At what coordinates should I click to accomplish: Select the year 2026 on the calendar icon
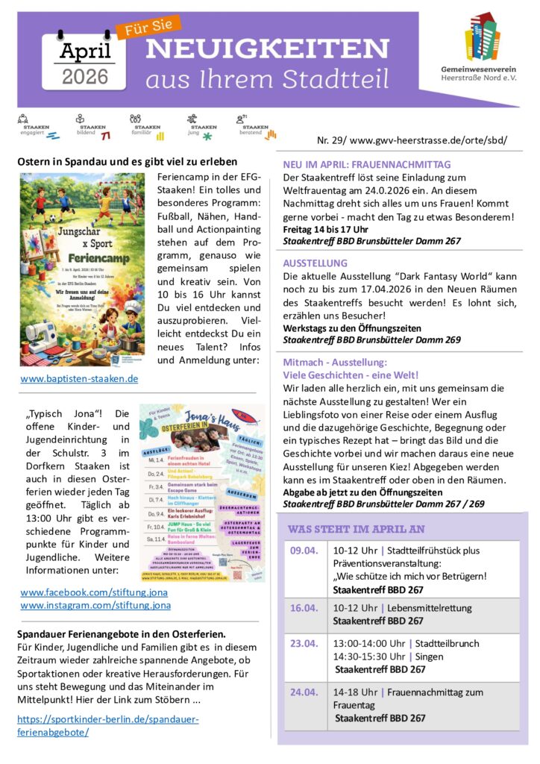point(85,76)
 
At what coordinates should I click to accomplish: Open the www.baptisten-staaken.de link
point(79,379)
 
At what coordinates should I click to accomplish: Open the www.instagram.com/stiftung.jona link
point(95,605)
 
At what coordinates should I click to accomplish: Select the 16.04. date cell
point(304,607)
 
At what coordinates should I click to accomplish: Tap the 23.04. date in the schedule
point(304,643)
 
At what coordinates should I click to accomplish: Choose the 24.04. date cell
point(304,692)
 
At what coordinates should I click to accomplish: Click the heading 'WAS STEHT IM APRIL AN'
point(356,529)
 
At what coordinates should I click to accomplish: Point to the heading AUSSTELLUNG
point(315,263)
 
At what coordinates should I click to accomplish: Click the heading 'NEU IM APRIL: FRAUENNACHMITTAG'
point(367,164)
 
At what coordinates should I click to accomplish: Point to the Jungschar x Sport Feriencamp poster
point(83,269)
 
